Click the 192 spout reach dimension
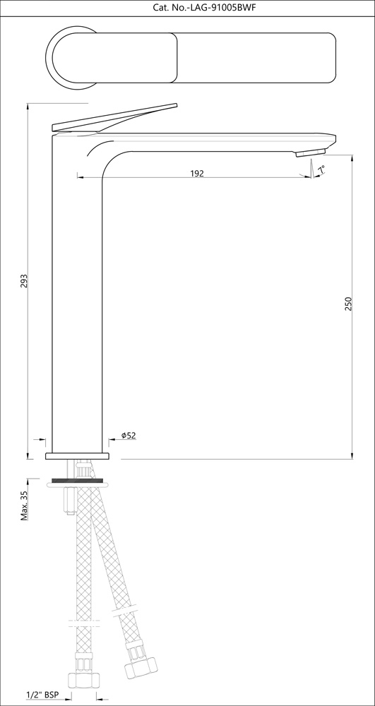pos(196,173)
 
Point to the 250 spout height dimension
pos(347,304)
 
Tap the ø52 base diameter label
pos(128,436)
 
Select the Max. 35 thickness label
pos(24,506)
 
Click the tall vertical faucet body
pos(78,297)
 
